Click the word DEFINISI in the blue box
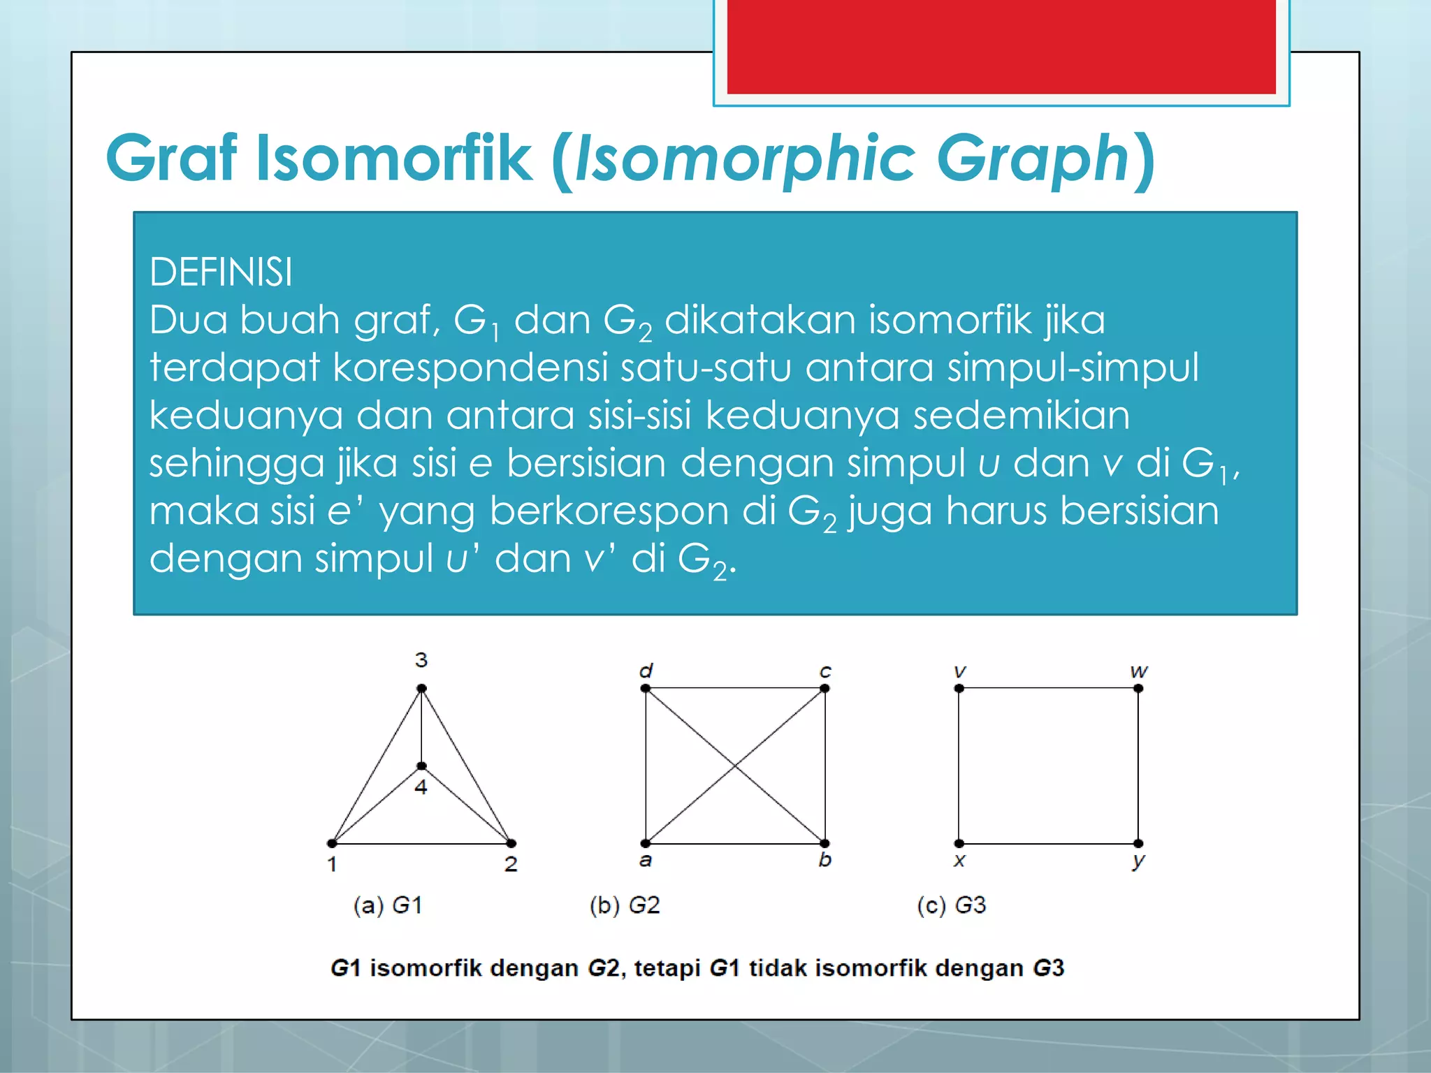point(221,272)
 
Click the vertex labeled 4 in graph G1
point(421,766)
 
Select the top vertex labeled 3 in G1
point(421,689)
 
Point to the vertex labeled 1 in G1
point(332,843)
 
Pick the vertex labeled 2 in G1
point(511,843)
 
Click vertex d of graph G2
point(646,689)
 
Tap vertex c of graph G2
point(825,689)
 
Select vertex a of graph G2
point(646,843)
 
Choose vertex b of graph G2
point(825,843)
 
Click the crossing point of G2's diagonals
point(735,766)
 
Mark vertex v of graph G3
point(959,689)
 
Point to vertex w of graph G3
point(1138,689)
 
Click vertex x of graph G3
point(959,843)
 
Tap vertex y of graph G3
point(1138,843)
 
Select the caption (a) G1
point(388,905)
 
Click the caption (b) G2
point(625,905)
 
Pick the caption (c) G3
point(951,905)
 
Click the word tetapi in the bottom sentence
point(668,968)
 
